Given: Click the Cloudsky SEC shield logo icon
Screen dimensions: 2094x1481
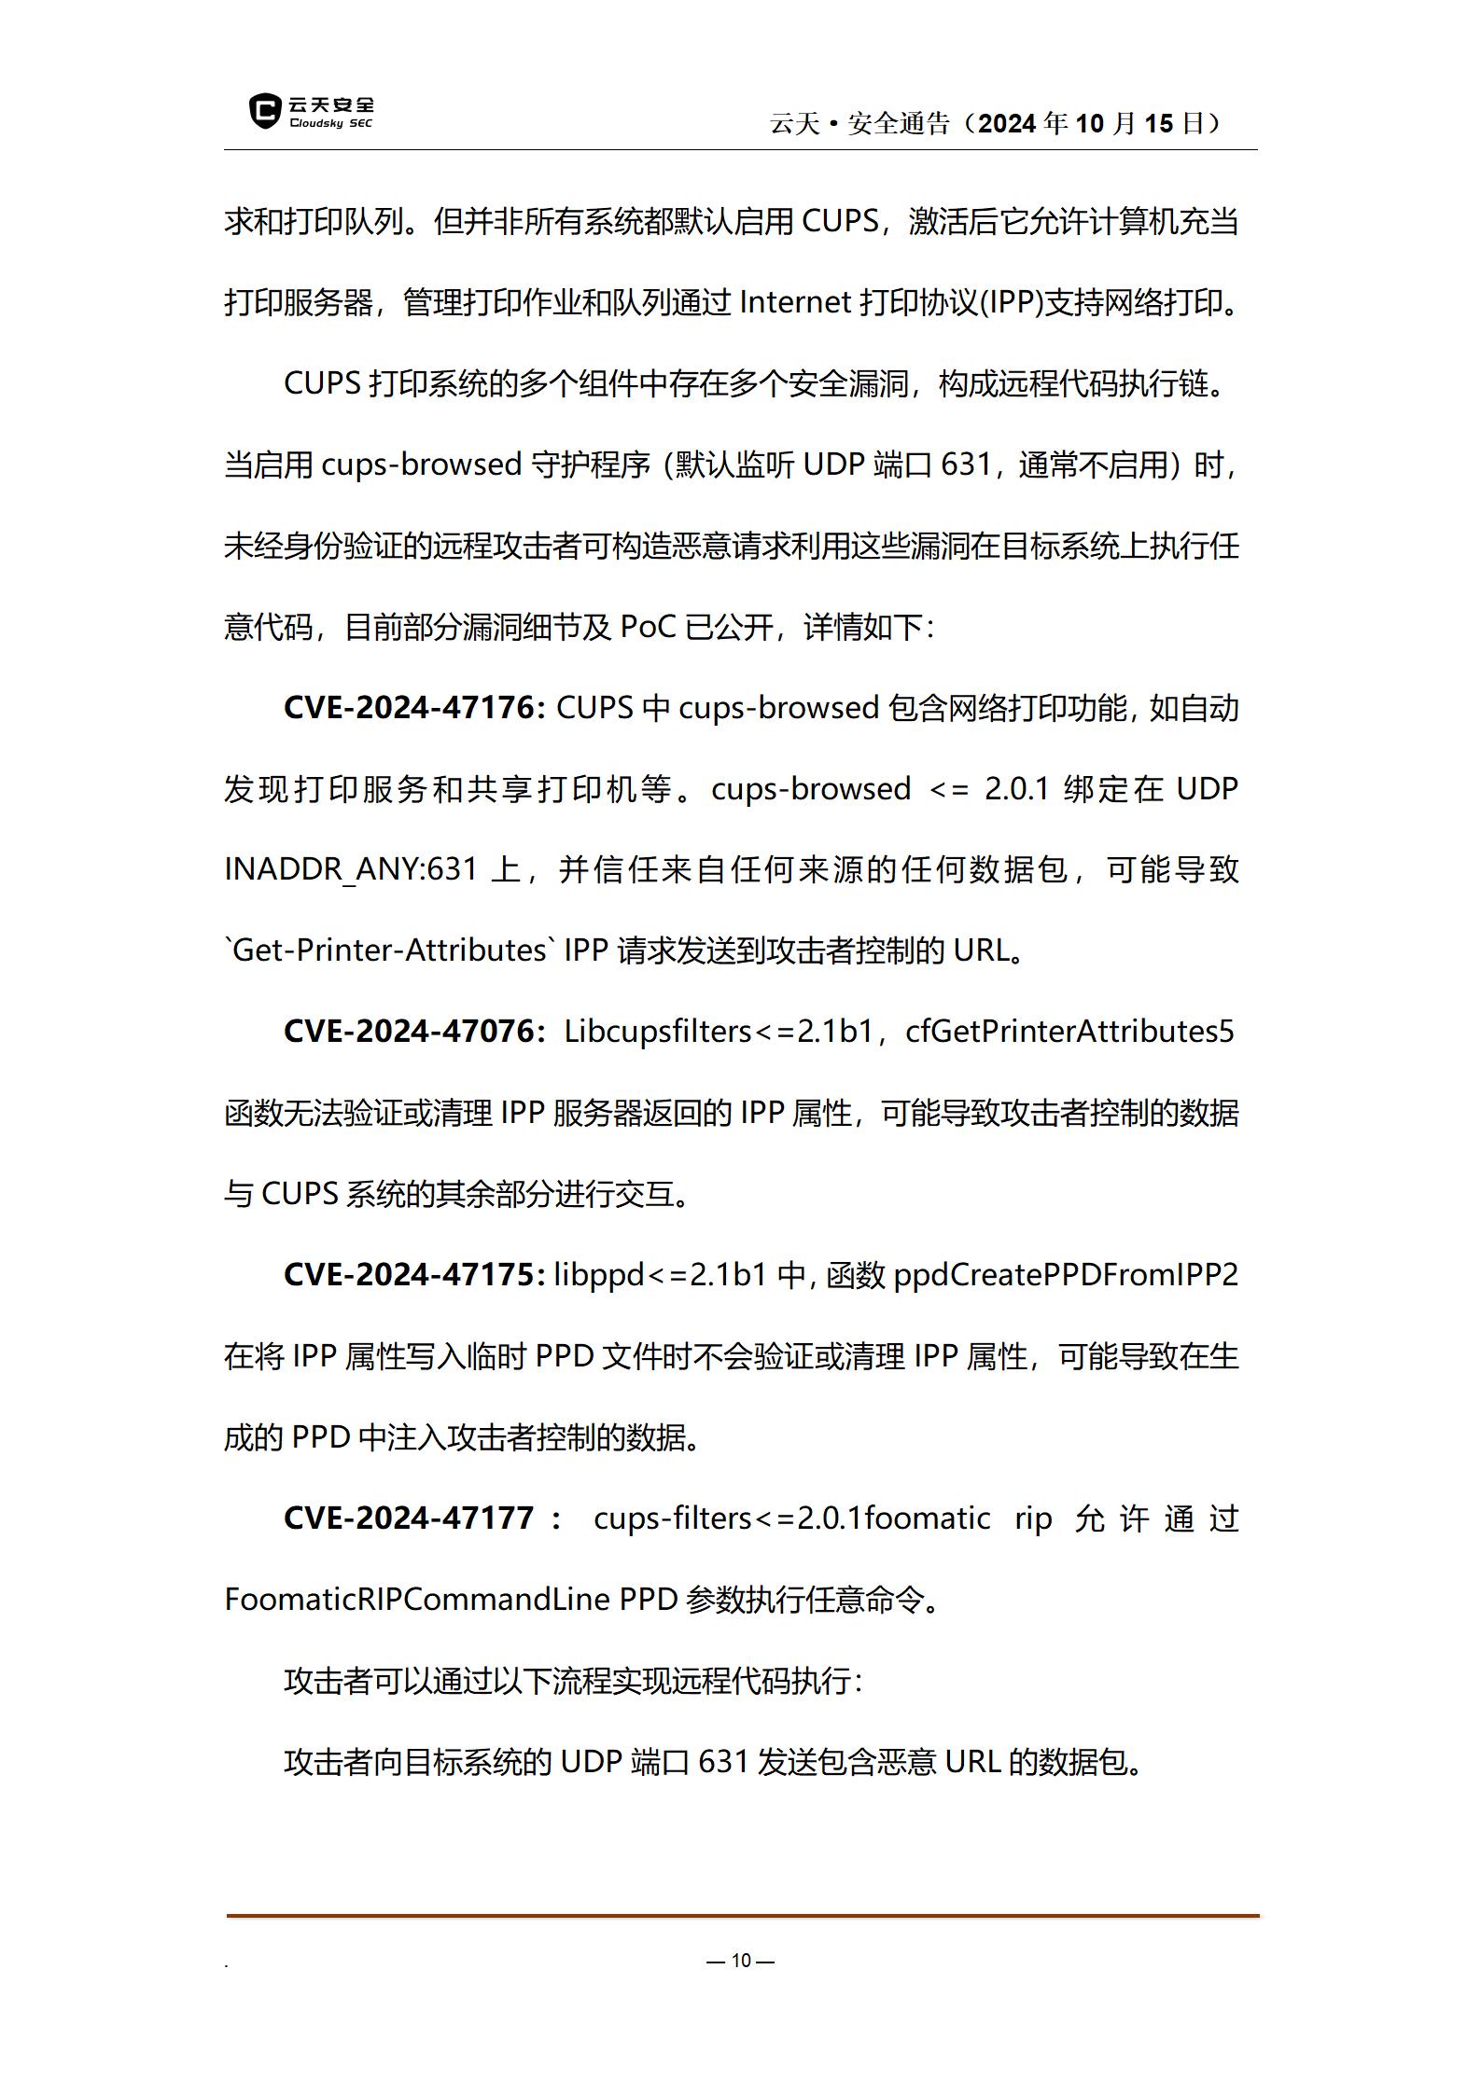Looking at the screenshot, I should [x=265, y=111].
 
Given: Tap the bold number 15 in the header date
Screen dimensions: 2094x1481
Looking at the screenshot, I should [x=1158, y=123].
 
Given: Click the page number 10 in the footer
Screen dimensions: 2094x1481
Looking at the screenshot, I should [x=741, y=1960].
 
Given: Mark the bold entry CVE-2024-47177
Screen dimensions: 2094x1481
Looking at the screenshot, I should [x=409, y=1518].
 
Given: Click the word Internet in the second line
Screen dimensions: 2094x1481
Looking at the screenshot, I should [x=795, y=302].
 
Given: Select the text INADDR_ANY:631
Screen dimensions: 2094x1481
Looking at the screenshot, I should [x=351, y=869].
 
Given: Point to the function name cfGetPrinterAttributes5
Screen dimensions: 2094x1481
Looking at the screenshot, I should [x=1069, y=1031].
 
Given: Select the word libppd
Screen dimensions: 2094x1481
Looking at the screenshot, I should [x=599, y=1274].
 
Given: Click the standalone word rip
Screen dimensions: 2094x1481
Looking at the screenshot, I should [x=1033, y=1518].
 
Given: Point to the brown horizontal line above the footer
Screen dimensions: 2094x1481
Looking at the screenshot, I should [x=743, y=1916].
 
